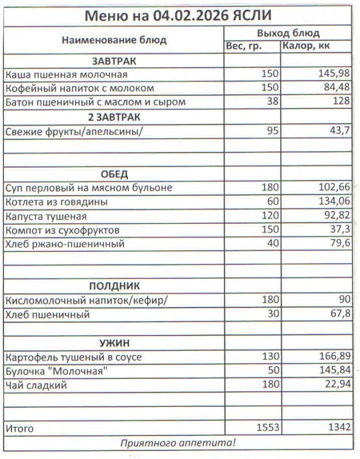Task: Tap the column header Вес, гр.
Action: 243,46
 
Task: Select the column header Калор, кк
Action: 307,46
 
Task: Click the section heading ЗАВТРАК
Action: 114,61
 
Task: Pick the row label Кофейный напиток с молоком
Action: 80,88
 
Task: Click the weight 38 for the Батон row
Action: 272,103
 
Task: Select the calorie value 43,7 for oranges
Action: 339,131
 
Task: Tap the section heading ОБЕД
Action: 114,174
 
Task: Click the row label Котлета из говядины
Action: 56,202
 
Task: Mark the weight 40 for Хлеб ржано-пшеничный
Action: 272,244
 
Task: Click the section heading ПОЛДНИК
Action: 114,286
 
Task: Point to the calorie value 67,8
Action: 339,314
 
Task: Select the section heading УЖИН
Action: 114,343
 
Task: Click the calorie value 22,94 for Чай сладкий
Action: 336,385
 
